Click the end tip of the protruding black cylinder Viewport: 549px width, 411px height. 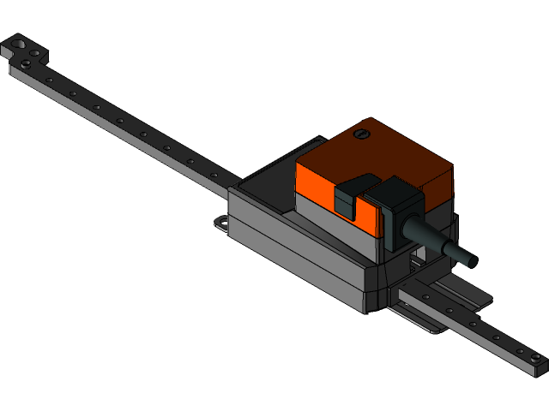click(x=470, y=258)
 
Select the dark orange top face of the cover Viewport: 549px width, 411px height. click(x=377, y=154)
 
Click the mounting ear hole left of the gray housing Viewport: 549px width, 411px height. click(x=222, y=223)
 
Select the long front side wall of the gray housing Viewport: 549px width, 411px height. click(x=292, y=257)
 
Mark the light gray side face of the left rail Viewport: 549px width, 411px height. click(x=112, y=128)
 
